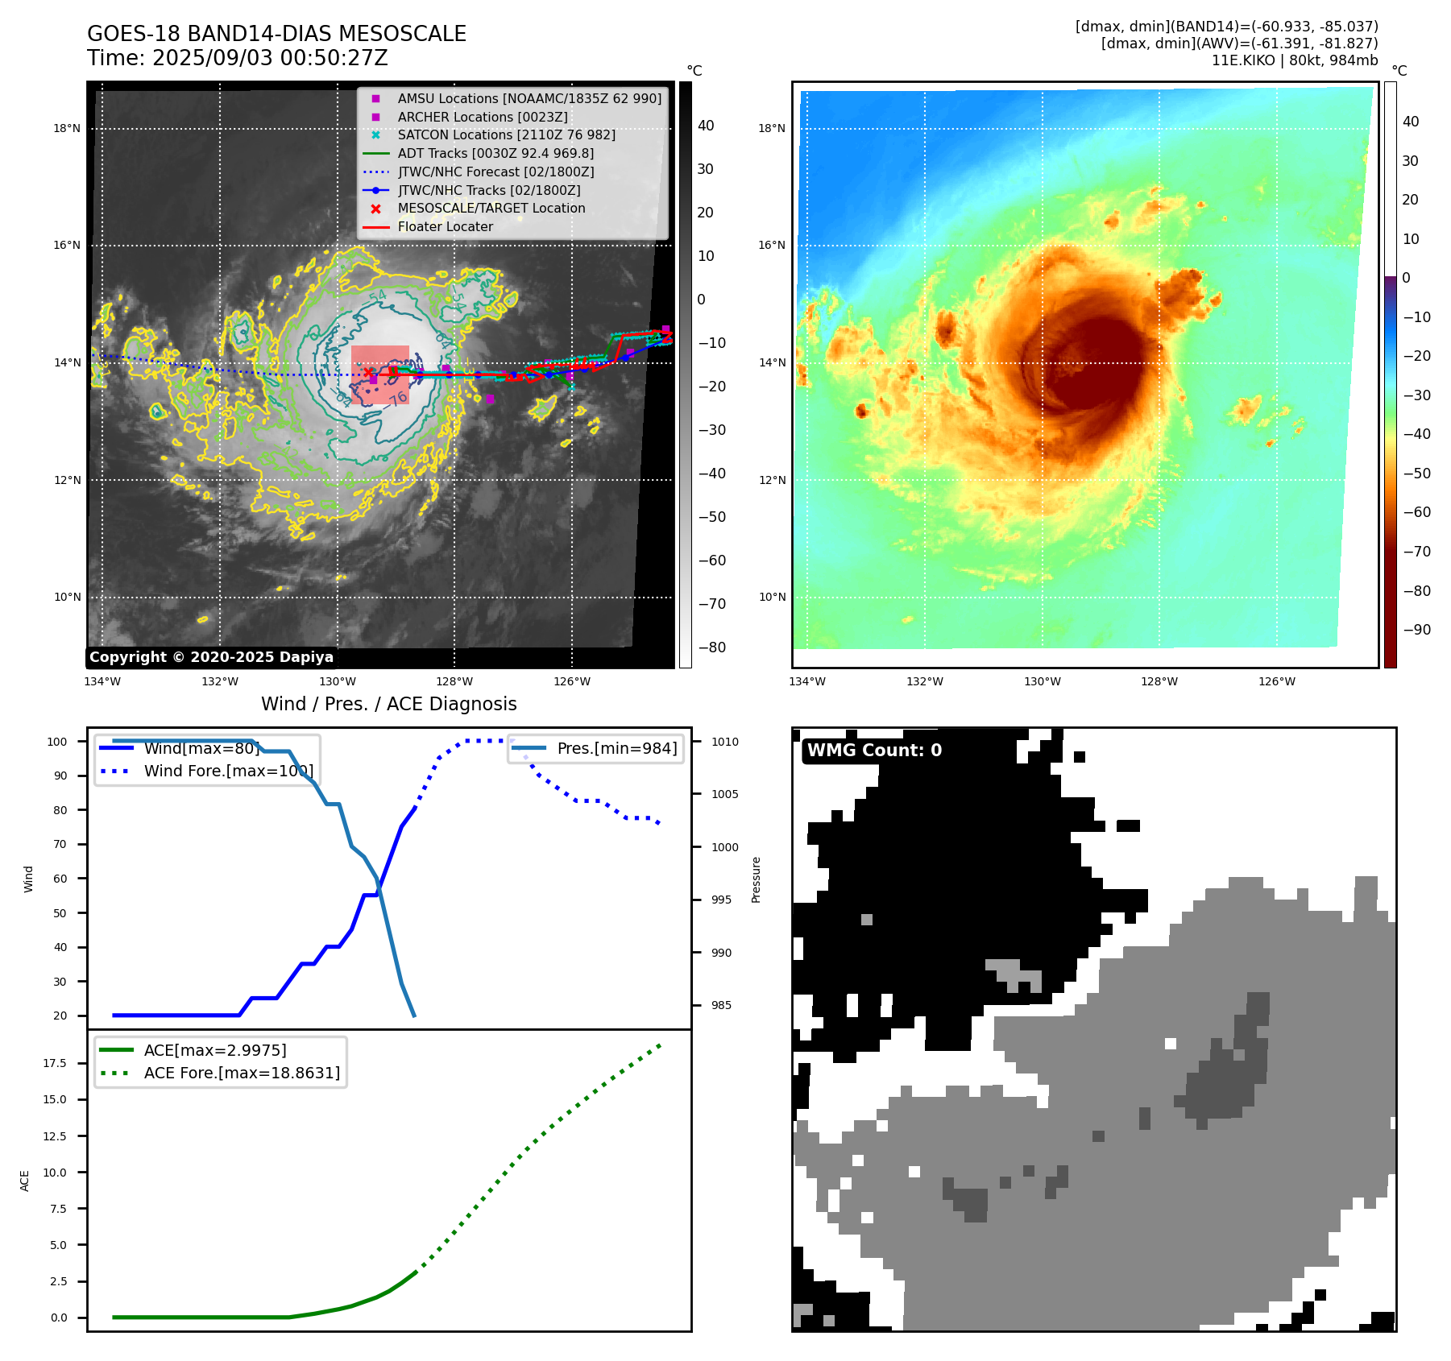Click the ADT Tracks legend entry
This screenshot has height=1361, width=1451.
(495, 153)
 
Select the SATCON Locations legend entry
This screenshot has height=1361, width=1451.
(506, 134)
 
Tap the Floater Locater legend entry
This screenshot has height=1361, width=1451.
(445, 226)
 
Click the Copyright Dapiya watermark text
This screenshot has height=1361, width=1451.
(211, 657)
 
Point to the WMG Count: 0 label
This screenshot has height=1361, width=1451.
(874, 751)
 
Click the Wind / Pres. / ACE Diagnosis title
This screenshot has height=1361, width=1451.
(388, 704)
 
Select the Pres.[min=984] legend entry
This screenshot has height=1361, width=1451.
(616, 748)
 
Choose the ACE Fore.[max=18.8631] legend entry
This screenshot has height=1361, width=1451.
(242, 1073)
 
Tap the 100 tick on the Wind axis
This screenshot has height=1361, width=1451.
(57, 742)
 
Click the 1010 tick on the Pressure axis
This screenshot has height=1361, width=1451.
(724, 742)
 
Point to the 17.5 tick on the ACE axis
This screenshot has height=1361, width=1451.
(55, 1063)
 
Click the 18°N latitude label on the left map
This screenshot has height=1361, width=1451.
(67, 128)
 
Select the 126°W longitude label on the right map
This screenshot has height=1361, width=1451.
(1277, 681)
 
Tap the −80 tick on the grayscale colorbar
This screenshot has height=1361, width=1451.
(711, 647)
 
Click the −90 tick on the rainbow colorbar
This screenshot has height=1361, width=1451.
(1416, 630)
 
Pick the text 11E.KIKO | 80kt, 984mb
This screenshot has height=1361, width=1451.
(1294, 60)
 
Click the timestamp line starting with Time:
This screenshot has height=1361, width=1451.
(238, 58)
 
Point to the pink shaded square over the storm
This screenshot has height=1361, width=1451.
(380, 374)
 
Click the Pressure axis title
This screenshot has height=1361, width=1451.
(756, 879)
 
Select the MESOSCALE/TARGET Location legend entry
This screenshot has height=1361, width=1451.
(491, 208)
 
